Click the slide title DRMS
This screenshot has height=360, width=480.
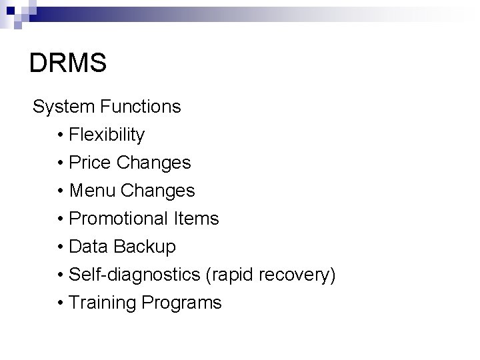click(68, 64)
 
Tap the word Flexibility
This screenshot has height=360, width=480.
click(107, 135)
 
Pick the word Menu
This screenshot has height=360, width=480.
click(90, 191)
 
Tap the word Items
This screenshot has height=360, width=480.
click(197, 219)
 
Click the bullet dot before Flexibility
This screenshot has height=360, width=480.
click(61, 135)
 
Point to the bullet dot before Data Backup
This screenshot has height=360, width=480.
click(61, 247)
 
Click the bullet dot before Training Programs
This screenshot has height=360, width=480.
click(61, 303)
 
